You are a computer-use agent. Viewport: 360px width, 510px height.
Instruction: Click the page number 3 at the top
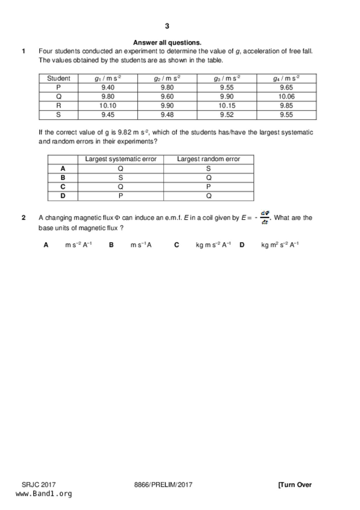pos(167,26)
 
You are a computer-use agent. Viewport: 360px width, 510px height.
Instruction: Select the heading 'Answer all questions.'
pos(167,43)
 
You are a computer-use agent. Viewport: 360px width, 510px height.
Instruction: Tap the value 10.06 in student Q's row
pos(286,97)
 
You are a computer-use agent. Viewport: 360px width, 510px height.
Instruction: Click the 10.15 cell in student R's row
pos(227,106)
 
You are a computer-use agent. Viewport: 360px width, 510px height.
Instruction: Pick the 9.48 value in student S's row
pos(167,115)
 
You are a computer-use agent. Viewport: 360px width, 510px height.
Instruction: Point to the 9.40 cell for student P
pos(108,88)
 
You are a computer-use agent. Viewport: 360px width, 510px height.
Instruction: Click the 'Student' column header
pos(58,79)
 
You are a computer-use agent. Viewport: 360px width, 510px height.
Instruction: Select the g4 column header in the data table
pos(286,79)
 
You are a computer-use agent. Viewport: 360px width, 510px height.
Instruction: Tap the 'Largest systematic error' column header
pos(121,159)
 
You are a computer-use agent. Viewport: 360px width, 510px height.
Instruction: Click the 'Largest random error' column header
pos(208,159)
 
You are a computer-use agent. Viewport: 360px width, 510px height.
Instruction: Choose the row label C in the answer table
pos(63,187)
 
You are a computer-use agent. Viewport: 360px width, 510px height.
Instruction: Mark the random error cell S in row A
pos(208,169)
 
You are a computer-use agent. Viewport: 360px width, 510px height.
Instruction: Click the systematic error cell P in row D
pos(121,196)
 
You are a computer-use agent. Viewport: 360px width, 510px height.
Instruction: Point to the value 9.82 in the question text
pos(124,133)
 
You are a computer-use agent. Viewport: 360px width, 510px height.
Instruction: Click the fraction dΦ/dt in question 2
pos(265,218)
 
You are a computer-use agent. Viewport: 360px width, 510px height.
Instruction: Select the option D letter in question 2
pos(242,245)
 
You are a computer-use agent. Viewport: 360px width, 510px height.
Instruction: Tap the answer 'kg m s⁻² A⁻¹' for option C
pos(214,245)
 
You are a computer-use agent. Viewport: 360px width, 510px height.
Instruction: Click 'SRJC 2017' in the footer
pos(39,485)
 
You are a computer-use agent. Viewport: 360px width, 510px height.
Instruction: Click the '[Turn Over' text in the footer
pos(295,485)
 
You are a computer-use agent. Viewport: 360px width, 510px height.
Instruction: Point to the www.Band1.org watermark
pos(44,494)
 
